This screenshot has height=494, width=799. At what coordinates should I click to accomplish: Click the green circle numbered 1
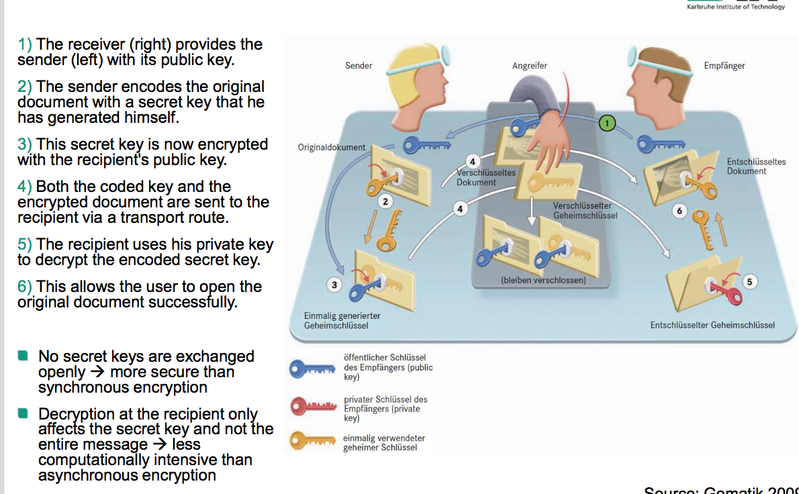[x=607, y=123]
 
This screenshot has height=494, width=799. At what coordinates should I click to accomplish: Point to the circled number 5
[x=750, y=282]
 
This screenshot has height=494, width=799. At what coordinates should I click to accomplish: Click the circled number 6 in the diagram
[x=679, y=211]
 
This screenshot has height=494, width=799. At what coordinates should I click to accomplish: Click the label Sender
[x=359, y=66]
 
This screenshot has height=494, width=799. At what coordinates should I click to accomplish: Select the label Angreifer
[x=529, y=66]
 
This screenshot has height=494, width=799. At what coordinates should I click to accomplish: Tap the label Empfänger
[x=724, y=66]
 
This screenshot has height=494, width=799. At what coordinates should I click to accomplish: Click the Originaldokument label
[x=332, y=147]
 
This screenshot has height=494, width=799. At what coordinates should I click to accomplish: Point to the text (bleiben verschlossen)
[x=543, y=280]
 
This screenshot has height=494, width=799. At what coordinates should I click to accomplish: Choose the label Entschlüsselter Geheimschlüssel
[x=712, y=325]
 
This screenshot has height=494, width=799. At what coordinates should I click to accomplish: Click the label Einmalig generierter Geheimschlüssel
[x=342, y=320]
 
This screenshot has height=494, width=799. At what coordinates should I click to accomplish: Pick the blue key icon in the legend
[x=312, y=368]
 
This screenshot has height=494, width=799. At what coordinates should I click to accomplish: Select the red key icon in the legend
[x=312, y=406]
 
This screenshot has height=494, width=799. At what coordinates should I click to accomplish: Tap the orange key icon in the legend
[x=312, y=441]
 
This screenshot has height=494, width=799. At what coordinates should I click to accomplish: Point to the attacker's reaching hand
[x=549, y=144]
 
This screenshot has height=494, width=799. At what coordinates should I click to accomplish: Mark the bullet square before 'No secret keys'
[x=23, y=356]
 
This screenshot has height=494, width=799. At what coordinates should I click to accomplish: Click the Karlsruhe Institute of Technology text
[x=735, y=7]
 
